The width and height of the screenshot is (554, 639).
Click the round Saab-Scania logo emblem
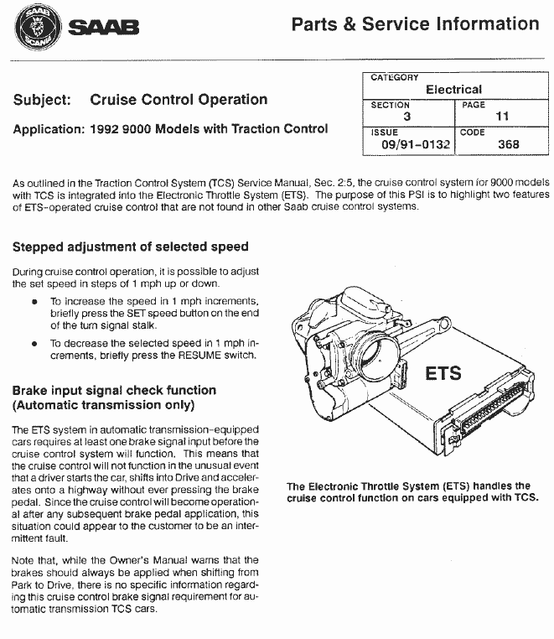(36, 29)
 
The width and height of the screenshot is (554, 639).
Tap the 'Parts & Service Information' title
(415, 24)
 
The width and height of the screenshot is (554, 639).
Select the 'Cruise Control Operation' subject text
(179, 100)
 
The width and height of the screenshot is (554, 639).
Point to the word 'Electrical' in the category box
(453, 89)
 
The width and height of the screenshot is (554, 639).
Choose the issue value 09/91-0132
(415, 144)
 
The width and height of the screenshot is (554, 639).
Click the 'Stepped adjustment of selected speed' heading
(131, 247)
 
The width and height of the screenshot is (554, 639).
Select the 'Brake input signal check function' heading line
(115, 390)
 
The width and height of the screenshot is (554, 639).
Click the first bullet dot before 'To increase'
(34, 301)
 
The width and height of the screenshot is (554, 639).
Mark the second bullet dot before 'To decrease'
(34, 344)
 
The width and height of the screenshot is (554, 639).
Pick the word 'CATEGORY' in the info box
(395, 77)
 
